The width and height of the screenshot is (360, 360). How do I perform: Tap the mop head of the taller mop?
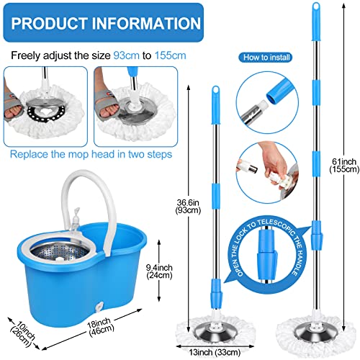tap(312, 330)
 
